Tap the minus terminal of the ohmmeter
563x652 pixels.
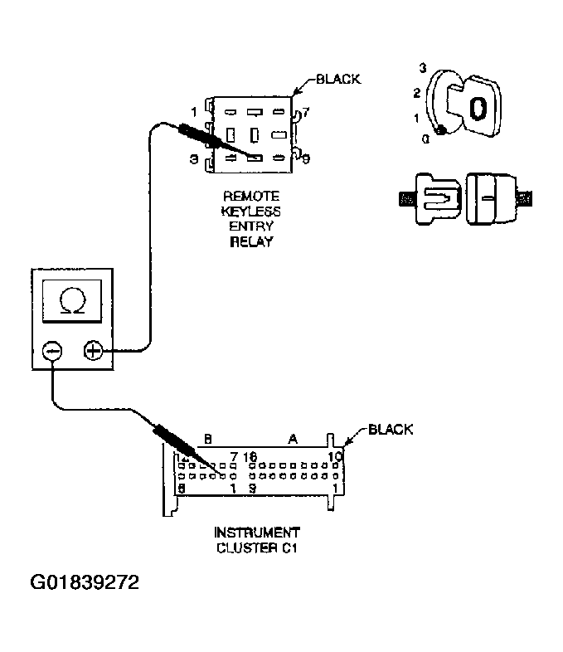(51, 352)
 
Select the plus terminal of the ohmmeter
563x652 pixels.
(94, 352)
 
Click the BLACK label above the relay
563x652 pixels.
(338, 80)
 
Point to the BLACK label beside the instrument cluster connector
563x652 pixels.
(390, 430)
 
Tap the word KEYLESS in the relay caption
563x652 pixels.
(251, 212)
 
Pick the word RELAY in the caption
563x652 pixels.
(251, 242)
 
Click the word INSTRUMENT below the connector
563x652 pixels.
(257, 532)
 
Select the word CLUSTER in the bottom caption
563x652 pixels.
(246, 547)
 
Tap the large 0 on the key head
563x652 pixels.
(478, 106)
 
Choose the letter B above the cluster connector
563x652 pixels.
(208, 439)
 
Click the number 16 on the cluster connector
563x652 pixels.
(251, 457)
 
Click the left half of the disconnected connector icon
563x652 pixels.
(435, 199)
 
